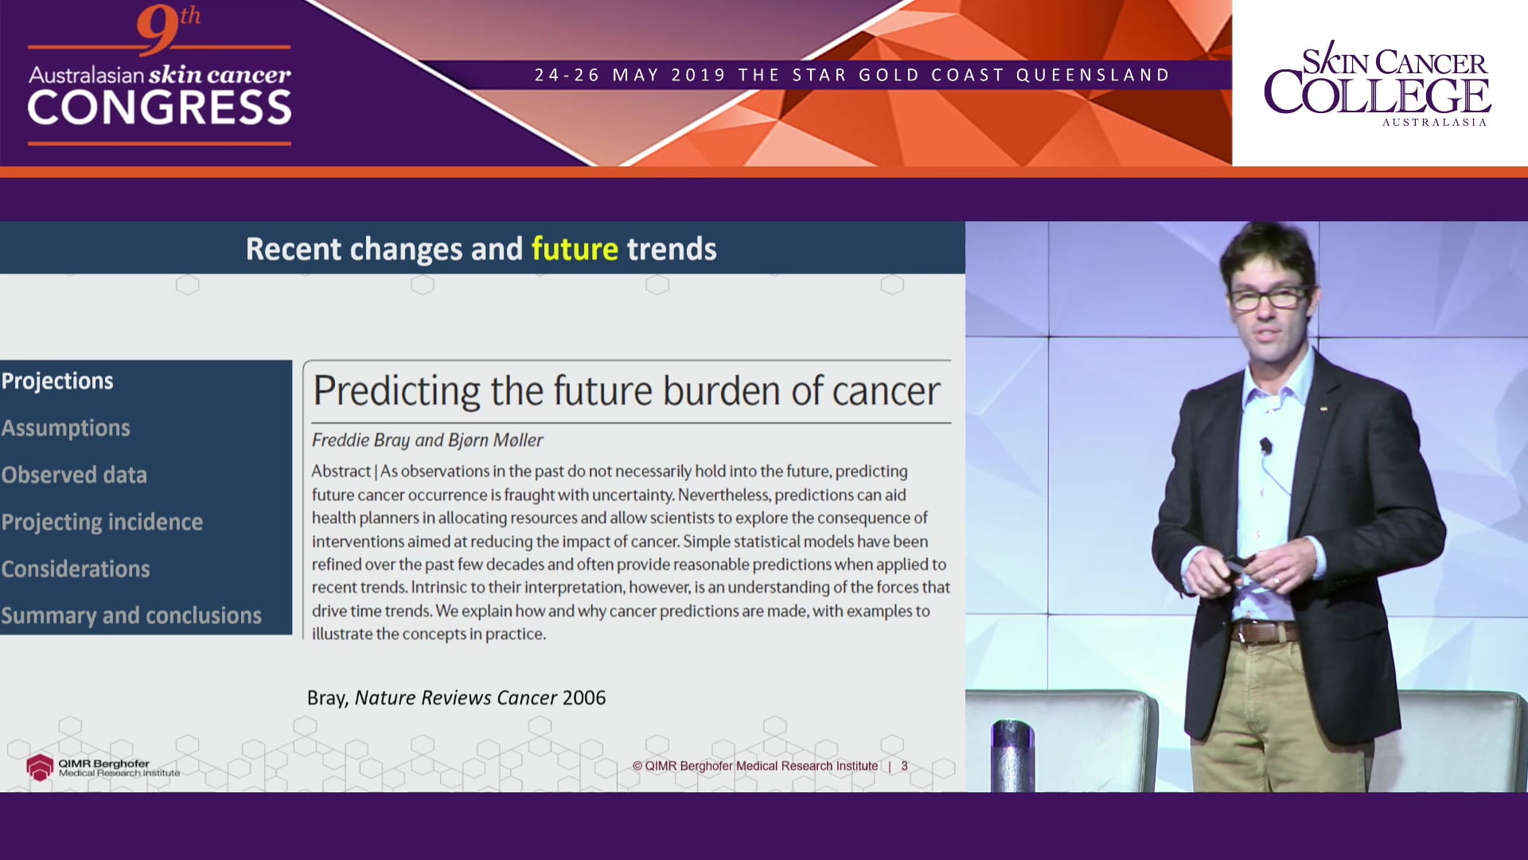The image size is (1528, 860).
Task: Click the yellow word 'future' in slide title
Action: click(x=574, y=249)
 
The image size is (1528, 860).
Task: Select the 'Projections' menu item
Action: click(x=57, y=381)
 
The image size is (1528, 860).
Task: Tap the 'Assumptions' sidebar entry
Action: click(x=65, y=428)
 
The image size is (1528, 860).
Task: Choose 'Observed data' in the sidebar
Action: click(x=74, y=475)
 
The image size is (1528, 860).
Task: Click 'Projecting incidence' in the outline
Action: click(x=102, y=522)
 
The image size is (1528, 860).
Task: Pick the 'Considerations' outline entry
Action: click(x=76, y=569)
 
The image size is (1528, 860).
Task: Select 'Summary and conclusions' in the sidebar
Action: click(x=131, y=616)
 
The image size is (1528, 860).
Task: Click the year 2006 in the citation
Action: click(x=583, y=698)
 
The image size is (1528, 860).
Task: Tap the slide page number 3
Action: click(x=904, y=766)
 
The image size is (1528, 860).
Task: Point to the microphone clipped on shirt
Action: click(x=1265, y=446)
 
